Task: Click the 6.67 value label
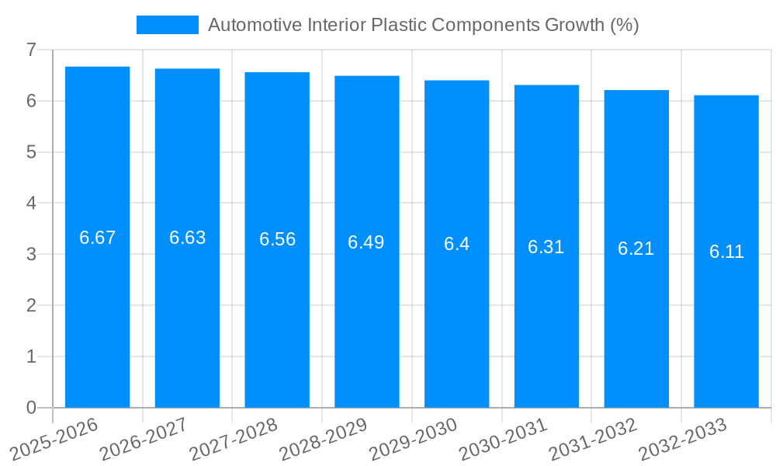click(97, 238)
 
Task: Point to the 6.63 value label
click(187, 238)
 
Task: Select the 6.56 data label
click(277, 239)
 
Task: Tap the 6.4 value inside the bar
click(456, 244)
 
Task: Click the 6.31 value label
click(546, 247)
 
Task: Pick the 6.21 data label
click(636, 249)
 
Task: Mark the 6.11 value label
click(726, 252)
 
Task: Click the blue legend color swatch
click(168, 25)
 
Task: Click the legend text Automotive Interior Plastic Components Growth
click(423, 25)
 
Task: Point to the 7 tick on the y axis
click(31, 50)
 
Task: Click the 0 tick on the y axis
click(31, 408)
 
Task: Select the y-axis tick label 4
click(31, 203)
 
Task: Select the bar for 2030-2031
click(546, 326)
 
